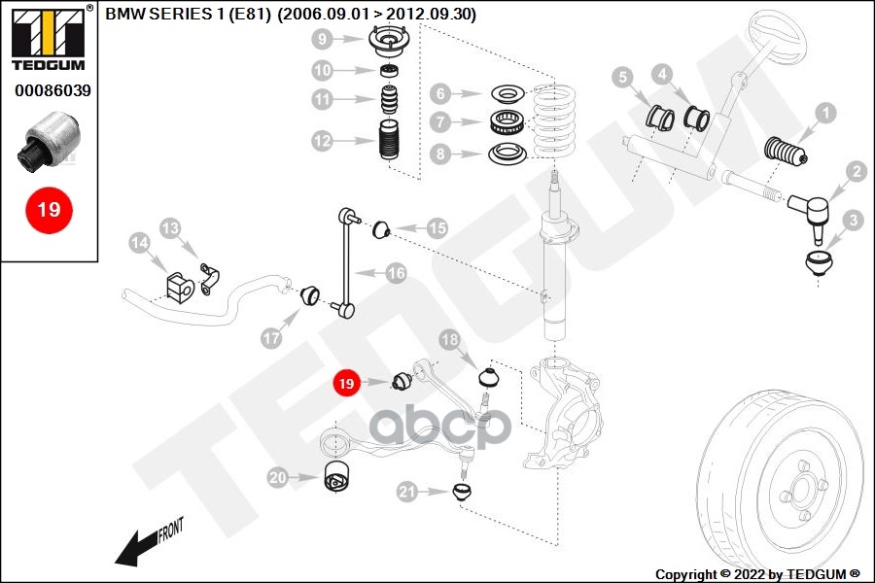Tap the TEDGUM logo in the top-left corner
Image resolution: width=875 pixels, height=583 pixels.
[x=49, y=39]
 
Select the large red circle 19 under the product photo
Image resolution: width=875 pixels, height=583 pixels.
[x=49, y=209]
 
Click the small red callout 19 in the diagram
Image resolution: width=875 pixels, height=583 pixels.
[x=347, y=384]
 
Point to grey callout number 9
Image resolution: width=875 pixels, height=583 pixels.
[x=323, y=40]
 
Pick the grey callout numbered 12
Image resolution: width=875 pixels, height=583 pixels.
[x=323, y=141]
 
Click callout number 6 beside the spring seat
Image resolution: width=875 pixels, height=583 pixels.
[x=440, y=93]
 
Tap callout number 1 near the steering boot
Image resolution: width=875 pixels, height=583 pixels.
[x=824, y=114]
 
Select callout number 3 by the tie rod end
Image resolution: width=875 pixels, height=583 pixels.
[x=853, y=221]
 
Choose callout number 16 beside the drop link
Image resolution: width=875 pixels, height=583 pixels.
[x=395, y=273]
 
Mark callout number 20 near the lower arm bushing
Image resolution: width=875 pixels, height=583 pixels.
[x=278, y=477]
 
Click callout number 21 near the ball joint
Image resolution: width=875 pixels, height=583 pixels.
[x=406, y=492]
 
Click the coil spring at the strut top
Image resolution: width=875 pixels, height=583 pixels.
[x=554, y=121]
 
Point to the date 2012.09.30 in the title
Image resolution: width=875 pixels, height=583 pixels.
[x=436, y=15]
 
